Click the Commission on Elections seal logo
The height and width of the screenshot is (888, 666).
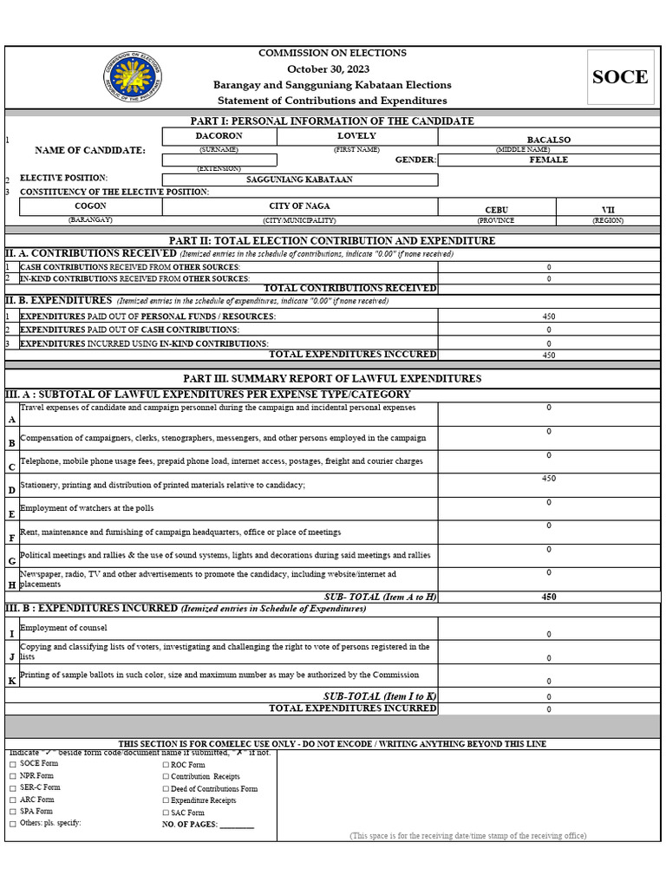click(x=133, y=77)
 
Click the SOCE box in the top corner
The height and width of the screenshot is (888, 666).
click(x=619, y=77)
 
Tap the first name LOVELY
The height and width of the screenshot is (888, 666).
click(x=356, y=136)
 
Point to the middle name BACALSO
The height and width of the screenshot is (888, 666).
click(x=548, y=139)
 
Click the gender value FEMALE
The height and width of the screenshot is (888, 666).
click(x=548, y=160)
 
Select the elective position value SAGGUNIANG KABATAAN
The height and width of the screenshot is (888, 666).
click(x=299, y=180)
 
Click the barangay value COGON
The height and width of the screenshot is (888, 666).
click(x=90, y=206)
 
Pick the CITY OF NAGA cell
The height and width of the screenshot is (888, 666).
click(x=299, y=206)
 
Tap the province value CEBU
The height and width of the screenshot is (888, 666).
click(x=496, y=210)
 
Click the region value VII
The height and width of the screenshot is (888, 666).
click(x=608, y=210)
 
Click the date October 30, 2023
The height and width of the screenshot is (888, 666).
click(x=332, y=69)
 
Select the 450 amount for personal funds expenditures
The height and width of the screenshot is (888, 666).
click(x=548, y=317)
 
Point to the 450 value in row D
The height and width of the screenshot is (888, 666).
click(x=548, y=479)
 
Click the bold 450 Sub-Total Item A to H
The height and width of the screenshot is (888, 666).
click(x=548, y=597)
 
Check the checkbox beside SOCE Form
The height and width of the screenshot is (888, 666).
click(x=12, y=765)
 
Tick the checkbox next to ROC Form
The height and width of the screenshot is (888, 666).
click(x=166, y=765)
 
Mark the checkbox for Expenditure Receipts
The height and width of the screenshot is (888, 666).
click(x=166, y=801)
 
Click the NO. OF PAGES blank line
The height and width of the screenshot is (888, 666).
click(x=237, y=825)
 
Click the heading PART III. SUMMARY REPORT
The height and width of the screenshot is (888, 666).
click(x=332, y=379)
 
